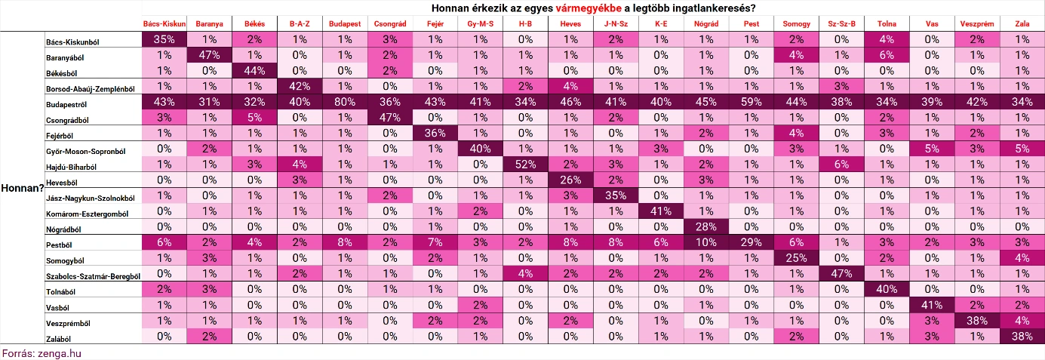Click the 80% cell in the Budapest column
coord(345,102)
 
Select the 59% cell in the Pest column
coord(751,102)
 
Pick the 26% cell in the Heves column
coord(570,180)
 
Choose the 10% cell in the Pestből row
coord(706,243)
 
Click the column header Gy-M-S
coord(481,23)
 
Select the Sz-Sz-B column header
coord(841,23)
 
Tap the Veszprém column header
coord(977,23)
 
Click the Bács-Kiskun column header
coord(164,23)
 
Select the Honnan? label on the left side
coord(21,189)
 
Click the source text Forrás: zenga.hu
coord(41,353)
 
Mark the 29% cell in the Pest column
coord(751,243)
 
